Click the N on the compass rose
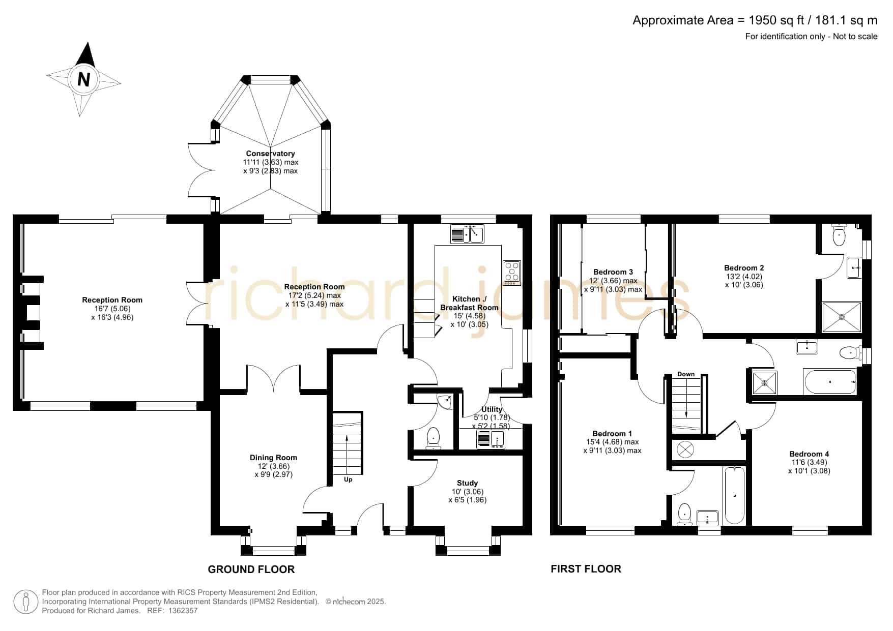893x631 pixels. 84,80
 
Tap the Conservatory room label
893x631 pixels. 270,154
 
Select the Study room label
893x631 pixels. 467,483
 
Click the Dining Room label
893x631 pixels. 273,458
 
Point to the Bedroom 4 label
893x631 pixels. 809,454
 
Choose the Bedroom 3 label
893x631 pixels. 613,272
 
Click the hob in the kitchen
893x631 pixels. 511,273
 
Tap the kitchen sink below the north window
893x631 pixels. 467,234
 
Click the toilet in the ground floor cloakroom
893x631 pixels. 433,438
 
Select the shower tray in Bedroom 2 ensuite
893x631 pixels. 842,317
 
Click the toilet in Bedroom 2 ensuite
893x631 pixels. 839,234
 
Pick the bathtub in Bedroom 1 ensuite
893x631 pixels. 734,495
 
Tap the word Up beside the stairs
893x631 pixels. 348,479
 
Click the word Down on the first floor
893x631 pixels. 686,374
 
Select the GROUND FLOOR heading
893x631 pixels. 251,569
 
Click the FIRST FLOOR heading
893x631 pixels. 586,569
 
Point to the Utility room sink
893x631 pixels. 491,439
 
